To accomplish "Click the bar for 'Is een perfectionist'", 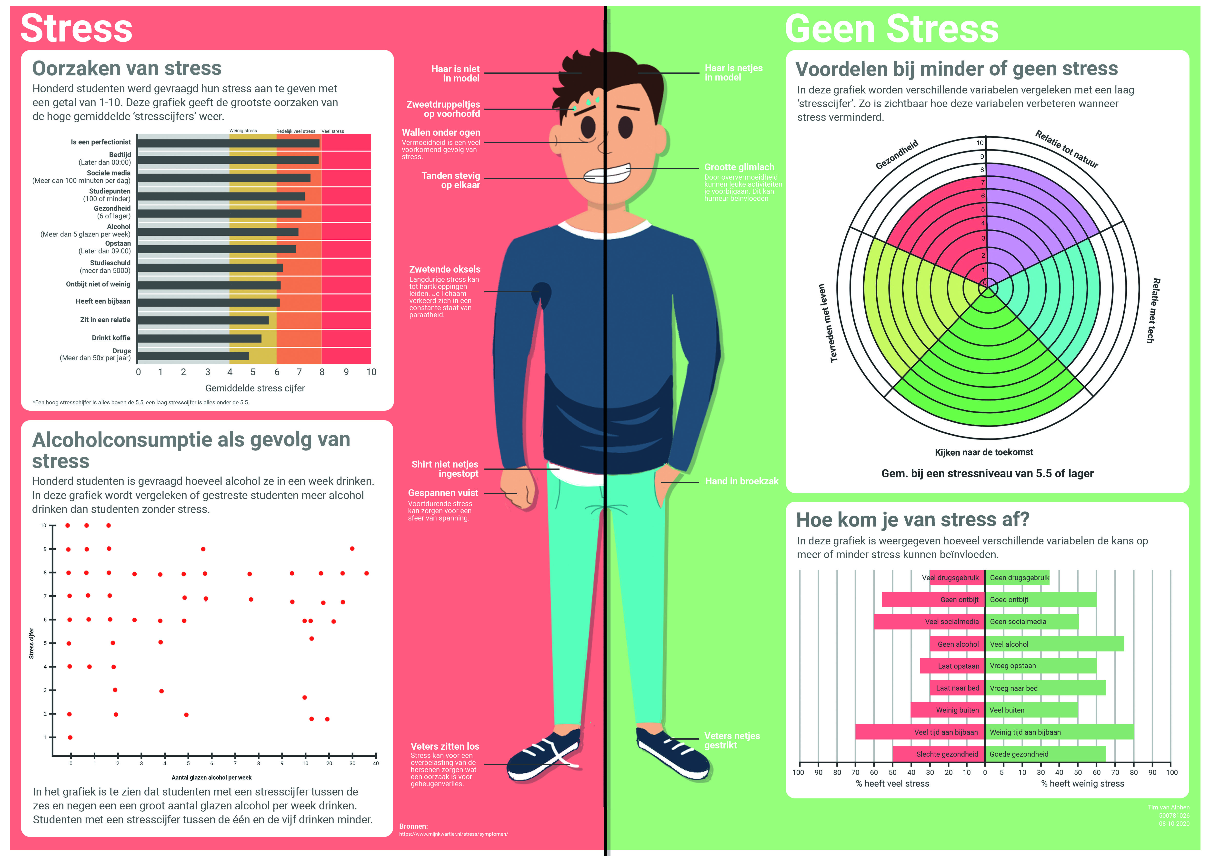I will coord(228,143).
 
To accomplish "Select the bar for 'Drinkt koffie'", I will coord(199,338).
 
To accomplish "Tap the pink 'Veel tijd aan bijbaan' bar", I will coord(920,732).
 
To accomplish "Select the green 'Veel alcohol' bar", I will coord(1054,644).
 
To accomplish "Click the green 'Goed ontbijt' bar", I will coord(1041,600).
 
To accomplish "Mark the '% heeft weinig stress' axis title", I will coord(1082,784).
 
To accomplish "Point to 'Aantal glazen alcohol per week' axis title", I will coord(211,777).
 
